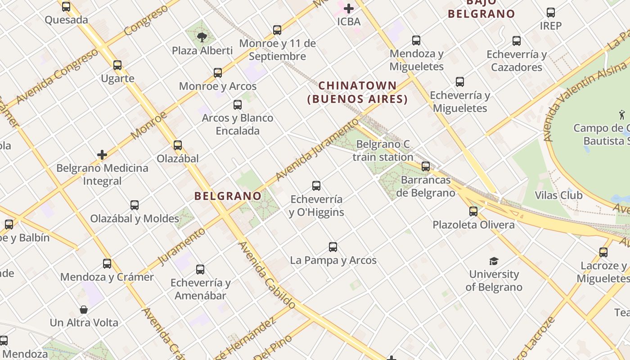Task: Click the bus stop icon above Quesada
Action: pyautogui.click(x=66, y=7)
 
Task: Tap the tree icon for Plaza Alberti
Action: pyautogui.click(x=202, y=37)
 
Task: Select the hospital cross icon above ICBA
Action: pyautogui.click(x=349, y=8)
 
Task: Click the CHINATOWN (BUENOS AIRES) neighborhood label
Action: pyautogui.click(x=358, y=92)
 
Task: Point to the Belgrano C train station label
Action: pyautogui.click(x=383, y=151)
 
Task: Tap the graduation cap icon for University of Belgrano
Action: pyautogui.click(x=494, y=261)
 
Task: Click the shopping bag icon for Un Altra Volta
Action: pyautogui.click(x=84, y=310)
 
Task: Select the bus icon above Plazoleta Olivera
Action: pyautogui.click(x=473, y=211)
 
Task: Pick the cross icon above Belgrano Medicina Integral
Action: pyautogui.click(x=102, y=155)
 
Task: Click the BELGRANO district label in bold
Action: pyautogui.click(x=228, y=196)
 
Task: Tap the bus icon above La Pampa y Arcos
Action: pyautogui.click(x=333, y=247)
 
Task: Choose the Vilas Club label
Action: pyautogui.click(x=558, y=195)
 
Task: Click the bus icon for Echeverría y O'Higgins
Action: pyautogui.click(x=316, y=186)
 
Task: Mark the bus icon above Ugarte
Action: pyautogui.click(x=117, y=65)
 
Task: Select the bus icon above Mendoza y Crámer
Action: pyautogui.click(x=107, y=264)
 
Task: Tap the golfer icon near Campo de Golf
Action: pyautogui.click(x=622, y=115)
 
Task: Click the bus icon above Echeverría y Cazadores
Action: pyautogui.click(x=517, y=41)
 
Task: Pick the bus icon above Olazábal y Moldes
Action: pyautogui.click(x=135, y=205)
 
